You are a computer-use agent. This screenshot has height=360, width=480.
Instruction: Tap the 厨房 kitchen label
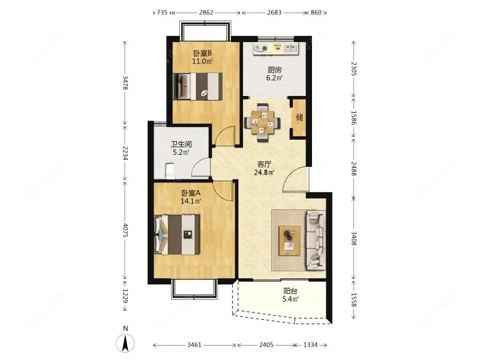[x=275, y=70]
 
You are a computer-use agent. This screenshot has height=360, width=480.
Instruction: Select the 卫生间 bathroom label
[x=181, y=144]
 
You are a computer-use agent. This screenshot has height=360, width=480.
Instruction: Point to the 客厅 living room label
[x=264, y=164]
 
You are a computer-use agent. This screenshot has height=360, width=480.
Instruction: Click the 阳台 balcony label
[x=290, y=291]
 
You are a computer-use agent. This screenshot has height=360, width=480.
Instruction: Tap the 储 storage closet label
[x=299, y=117]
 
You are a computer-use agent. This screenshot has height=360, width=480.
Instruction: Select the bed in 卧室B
[x=198, y=86]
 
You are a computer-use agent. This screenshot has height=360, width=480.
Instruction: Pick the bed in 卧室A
[x=177, y=235]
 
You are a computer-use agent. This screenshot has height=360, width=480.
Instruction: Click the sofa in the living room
[x=316, y=241]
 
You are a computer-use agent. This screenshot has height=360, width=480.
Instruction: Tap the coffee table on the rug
[x=290, y=241]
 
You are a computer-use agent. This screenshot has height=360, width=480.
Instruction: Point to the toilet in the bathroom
[x=170, y=171]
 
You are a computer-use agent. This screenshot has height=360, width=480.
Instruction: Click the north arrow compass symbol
[x=125, y=343]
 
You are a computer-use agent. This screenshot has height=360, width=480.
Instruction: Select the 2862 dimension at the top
[x=206, y=13]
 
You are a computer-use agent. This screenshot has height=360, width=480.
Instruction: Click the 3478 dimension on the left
[x=125, y=83]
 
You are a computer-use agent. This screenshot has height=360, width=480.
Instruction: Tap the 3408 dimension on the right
[x=353, y=238]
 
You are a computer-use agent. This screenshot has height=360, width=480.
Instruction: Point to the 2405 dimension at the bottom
[x=266, y=345]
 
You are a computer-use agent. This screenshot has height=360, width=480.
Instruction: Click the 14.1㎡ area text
[x=191, y=201]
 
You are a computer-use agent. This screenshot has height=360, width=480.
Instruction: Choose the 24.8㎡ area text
[x=264, y=172]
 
